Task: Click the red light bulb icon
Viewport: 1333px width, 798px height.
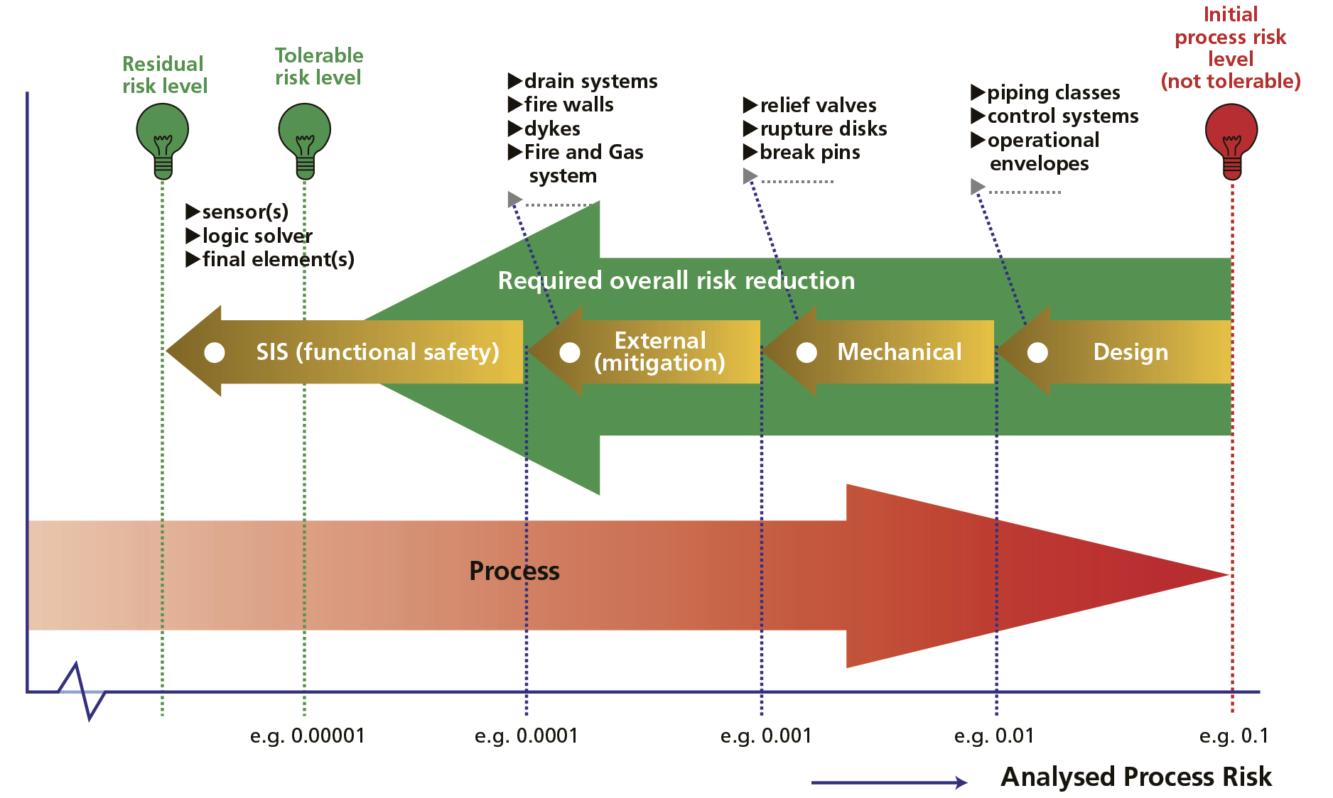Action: pyautogui.click(x=1231, y=138)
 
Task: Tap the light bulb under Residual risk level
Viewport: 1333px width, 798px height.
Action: pyautogui.click(x=163, y=138)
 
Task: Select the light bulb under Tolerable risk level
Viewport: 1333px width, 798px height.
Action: pyautogui.click(x=305, y=138)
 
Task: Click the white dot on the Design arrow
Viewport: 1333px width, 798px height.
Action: pyautogui.click(x=1037, y=352)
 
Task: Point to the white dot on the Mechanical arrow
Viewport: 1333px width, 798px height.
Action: pyautogui.click(x=806, y=352)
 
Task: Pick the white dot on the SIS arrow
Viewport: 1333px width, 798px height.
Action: pyautogui.click(x=215, y=352)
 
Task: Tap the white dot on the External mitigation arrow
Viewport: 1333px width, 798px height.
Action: pyautogui.click(x=570, y=352)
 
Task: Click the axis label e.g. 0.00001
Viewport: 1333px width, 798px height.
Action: pyautogui.click(x=308, y=736)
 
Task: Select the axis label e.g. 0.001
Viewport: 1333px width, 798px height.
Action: pyautogui.click(x=766, y=736)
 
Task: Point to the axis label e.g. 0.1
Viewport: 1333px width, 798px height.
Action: pyautogui.click(x=1234, y=736)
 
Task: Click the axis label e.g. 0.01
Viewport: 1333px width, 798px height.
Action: pyautogui.click(x=994, y=736)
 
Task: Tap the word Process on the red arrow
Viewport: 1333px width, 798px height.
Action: pyautogui.click(x=514, y=572)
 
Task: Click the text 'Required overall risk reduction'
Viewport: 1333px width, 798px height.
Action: pyautogui.click(x=676, y=281)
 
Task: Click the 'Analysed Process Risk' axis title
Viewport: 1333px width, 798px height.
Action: pyautogui.click(x=1135, y=777)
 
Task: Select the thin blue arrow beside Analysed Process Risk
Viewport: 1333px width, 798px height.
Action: pyautogui.click(x=889, y=782)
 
